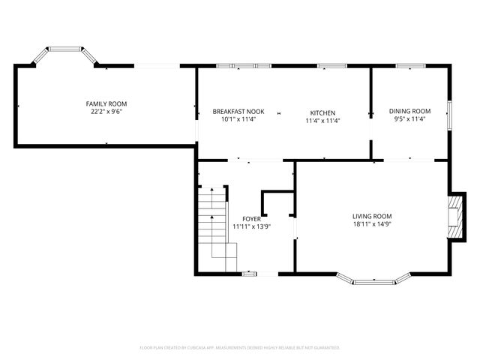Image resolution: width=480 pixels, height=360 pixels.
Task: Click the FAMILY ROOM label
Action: click(106, 103)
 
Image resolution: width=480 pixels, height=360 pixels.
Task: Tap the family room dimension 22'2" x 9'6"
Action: click(106, 112)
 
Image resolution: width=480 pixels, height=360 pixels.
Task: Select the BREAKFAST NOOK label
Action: click(238, 111)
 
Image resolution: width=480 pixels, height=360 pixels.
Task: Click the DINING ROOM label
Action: click(409, 111)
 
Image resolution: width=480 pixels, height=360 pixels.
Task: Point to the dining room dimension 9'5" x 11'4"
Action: click(409, 118)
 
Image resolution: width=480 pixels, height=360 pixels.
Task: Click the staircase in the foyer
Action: click(213, 221)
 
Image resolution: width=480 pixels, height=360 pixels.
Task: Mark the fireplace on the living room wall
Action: click(455, 217)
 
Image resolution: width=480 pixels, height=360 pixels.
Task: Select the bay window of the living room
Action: click(373, 281)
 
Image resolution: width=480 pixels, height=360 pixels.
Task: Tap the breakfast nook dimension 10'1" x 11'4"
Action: click(238, 119)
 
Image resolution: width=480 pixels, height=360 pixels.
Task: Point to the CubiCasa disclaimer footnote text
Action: click(240, 347)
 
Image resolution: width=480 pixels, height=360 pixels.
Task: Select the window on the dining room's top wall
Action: click(410, 67)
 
